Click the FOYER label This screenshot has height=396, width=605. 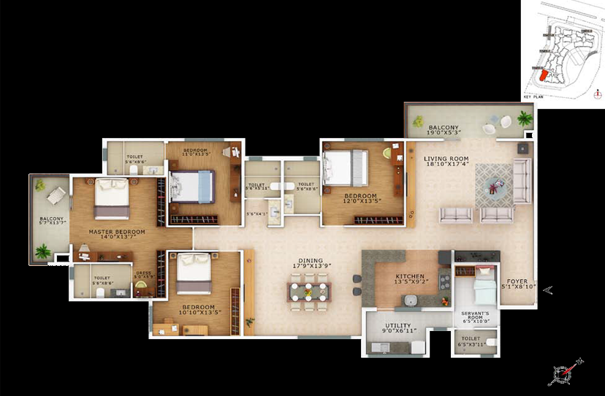coord(517,279)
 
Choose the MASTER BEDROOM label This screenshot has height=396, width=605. coord(117,232)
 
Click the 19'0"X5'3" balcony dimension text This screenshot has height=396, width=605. coord(444,134)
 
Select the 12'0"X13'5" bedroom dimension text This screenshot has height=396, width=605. coord(361,203)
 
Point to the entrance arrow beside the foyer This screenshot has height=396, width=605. coord(548,291)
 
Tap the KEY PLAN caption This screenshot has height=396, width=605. coord(533,96)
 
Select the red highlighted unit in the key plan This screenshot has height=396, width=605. coord(542,75)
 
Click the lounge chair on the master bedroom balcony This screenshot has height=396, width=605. coord(55,195)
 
